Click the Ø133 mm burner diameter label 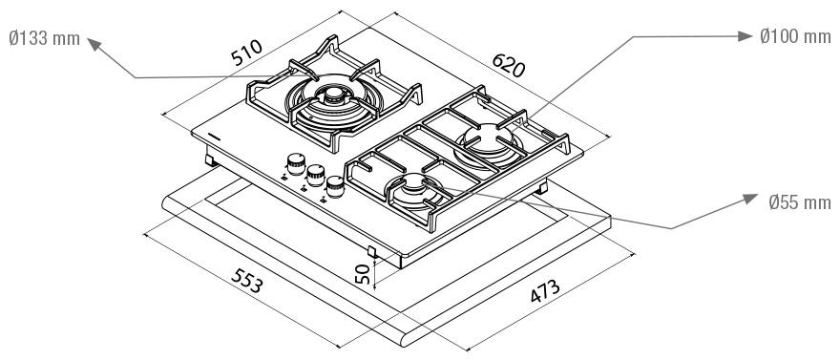click(45, 38)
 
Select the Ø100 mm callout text click(795, 36)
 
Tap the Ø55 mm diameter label click(799, 202)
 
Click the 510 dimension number click(247, 53)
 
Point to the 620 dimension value click(509, 65)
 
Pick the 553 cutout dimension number click(247, 280)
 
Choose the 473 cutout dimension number click(545, 291)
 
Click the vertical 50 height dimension click(363, 274)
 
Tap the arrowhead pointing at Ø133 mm click(94, 44)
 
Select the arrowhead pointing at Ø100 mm click(745, 36)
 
